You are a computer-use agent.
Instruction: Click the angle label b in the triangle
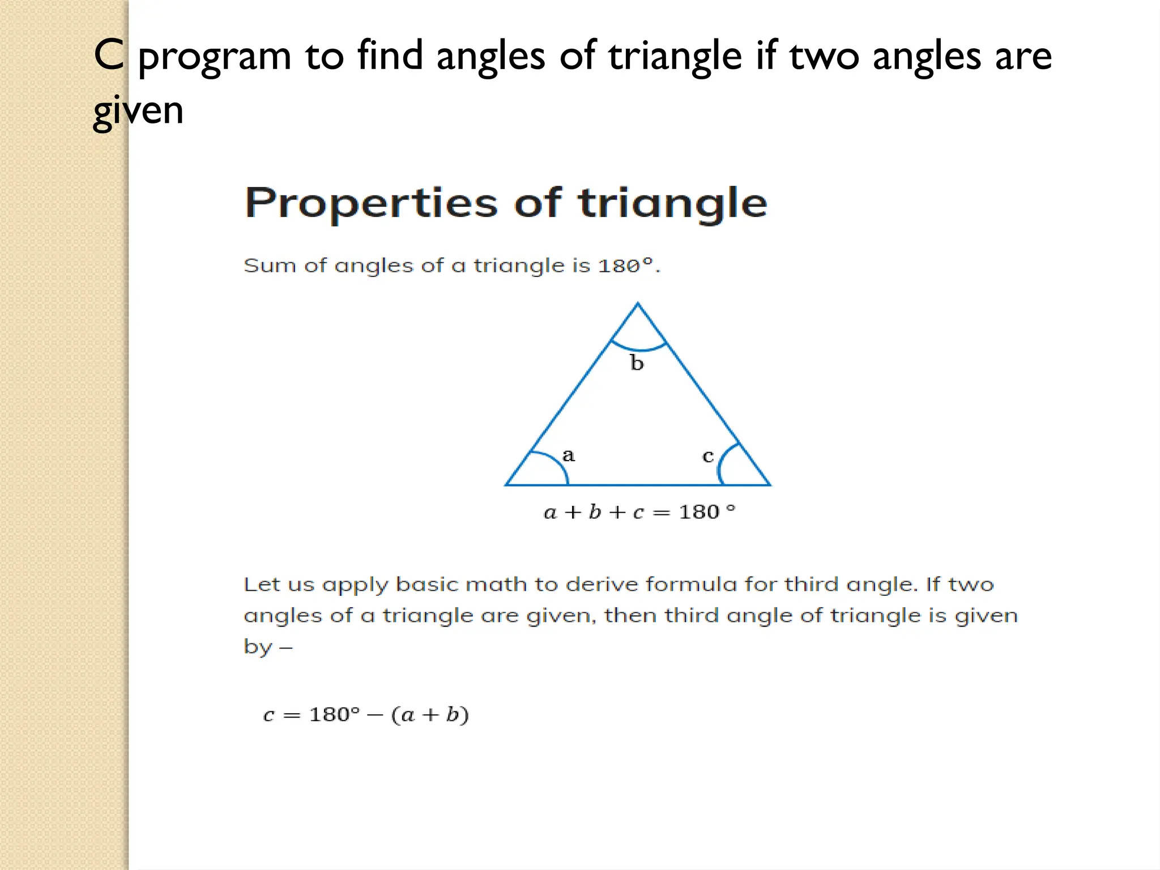(x=637, y=363)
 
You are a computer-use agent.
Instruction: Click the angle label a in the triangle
(x=568, y=455)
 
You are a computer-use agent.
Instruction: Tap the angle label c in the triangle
(x=708, y=456)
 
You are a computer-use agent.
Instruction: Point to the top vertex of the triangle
(x=638, y=304)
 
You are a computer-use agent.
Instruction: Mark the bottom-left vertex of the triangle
(x=506, y=485)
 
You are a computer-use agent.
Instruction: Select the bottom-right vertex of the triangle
(x=769, y=485)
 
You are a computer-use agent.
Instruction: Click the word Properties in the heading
(x=371, y=203)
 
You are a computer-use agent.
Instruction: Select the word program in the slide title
(x=215, y=57)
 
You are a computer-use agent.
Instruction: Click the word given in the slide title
(x=138, y=110)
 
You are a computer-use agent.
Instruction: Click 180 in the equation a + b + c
(x=699, y=512)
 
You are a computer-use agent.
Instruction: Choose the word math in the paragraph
(x=496, y=585)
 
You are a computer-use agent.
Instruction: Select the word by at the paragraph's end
(x=258, y=646)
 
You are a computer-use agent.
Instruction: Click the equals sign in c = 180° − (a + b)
(x=292, y=715)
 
